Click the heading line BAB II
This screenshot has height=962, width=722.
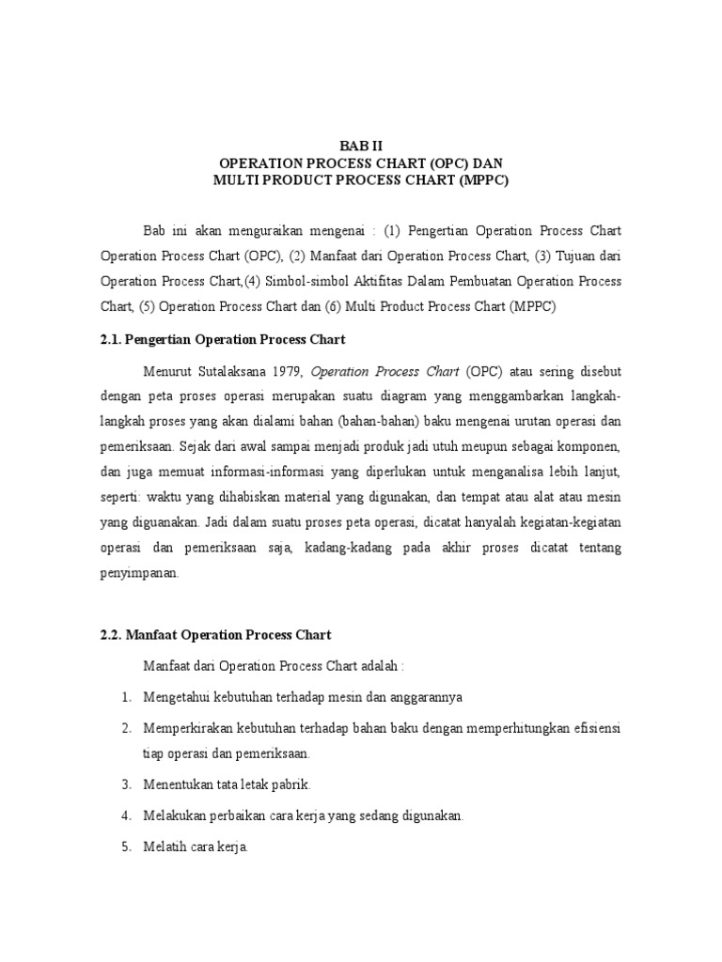point(360,146)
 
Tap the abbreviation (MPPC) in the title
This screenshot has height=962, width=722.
point(483,181)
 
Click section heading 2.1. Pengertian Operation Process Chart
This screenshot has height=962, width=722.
point(223,339)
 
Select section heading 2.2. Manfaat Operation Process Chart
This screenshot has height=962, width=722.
point(216,635)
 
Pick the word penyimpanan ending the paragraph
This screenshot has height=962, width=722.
point(139,573)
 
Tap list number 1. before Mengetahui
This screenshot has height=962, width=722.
point(126,698)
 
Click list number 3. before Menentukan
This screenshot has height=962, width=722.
point(126,784)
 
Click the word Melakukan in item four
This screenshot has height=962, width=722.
point(173,816)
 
